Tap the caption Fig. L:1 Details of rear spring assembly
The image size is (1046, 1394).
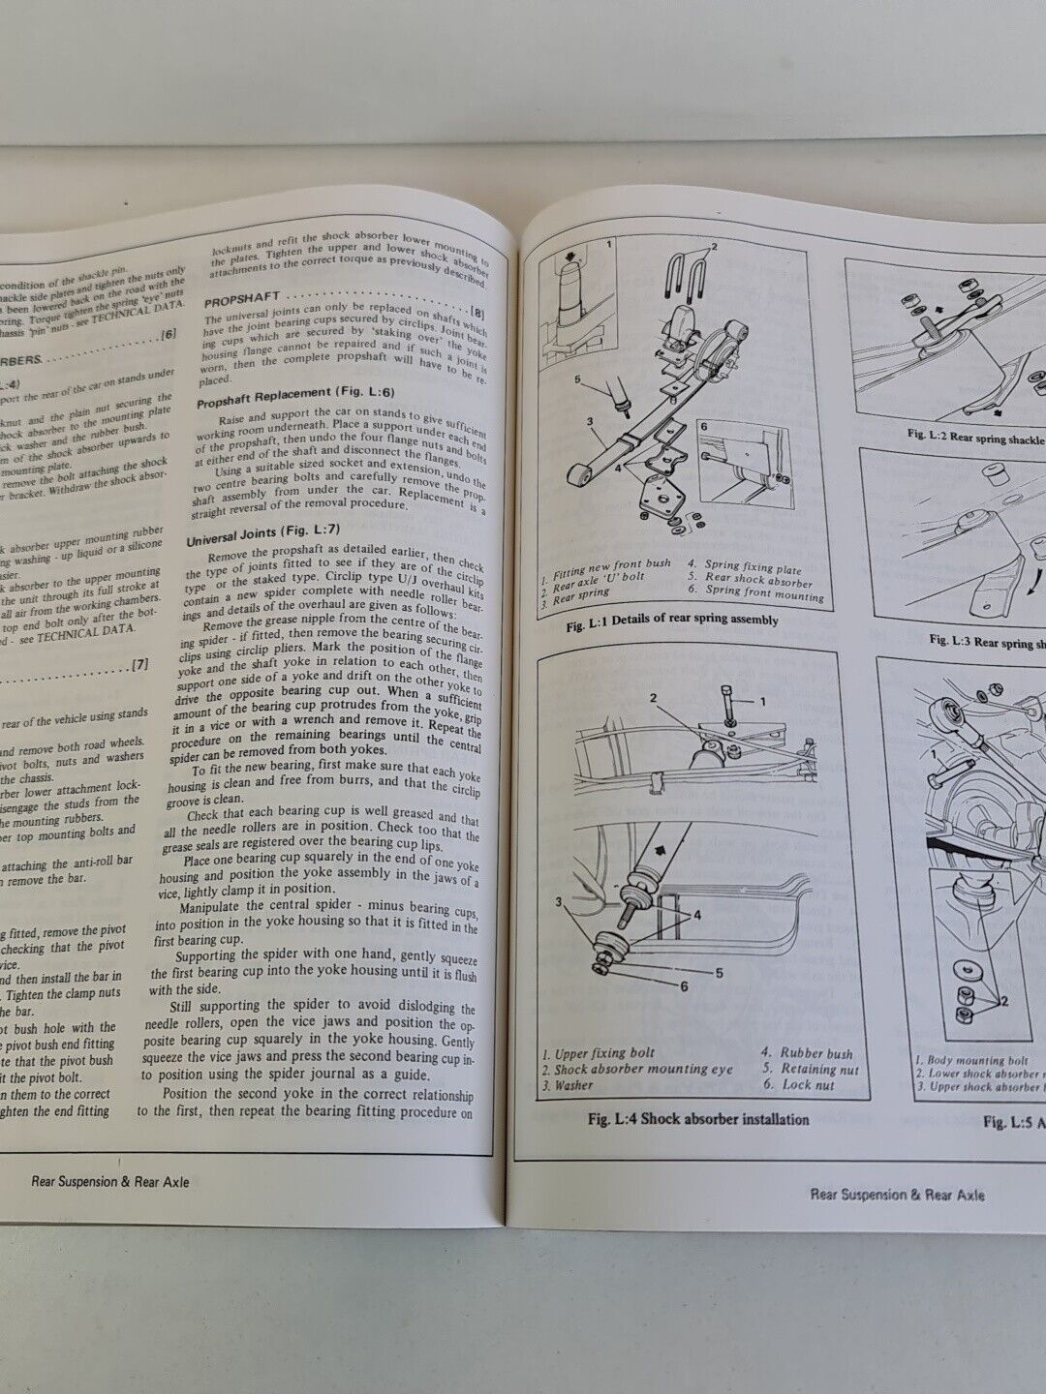coord(672,621)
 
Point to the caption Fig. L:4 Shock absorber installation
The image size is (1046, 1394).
coord(698,1119)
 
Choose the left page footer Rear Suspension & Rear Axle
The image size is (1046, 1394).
coord(110,1181)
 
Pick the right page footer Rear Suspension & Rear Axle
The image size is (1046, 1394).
coord(897,1195)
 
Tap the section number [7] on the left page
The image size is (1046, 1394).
coord(138,665)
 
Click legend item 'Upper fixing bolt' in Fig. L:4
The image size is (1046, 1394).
coord(599,1053)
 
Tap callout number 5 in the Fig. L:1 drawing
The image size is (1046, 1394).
coord(577,380)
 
